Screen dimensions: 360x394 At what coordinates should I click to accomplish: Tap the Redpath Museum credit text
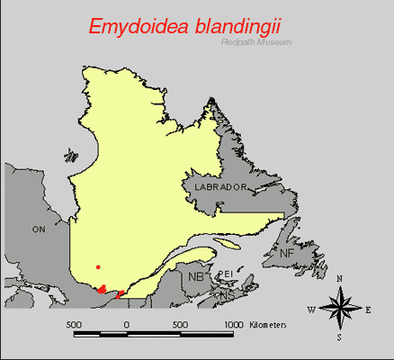[x=256, y=43]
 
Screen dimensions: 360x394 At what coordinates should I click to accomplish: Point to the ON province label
[x=39, y=229]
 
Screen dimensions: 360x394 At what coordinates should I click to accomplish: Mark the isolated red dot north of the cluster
[x=98, y=266]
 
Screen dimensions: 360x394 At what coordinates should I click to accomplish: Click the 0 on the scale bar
[x=126, y=323]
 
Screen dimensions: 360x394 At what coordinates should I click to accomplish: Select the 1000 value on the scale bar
[x=233, y=323]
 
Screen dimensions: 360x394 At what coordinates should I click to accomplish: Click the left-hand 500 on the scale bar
[x=74, y=323]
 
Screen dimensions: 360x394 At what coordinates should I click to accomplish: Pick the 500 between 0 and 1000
[x=180, y=323]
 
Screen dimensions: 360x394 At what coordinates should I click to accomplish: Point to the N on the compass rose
[x=339, y=279]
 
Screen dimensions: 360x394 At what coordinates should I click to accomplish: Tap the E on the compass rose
[x=369, y=310]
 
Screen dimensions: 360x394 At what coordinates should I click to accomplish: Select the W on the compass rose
[x=310, y=310]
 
